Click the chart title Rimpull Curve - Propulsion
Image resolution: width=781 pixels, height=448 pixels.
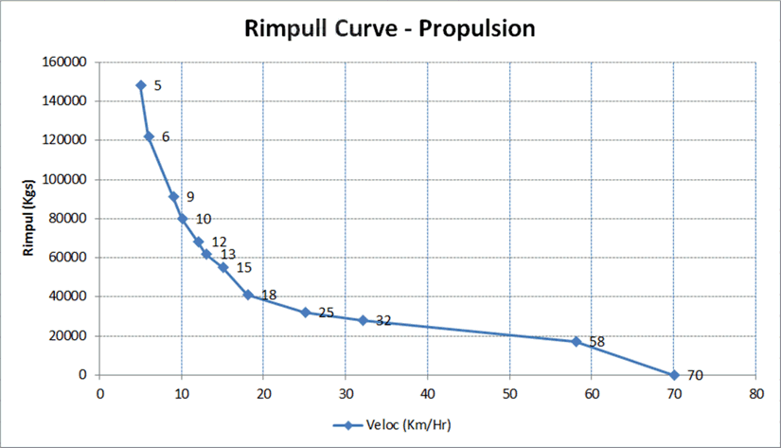(x=390, y=28)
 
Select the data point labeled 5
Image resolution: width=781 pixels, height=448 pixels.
(x=141, y=85)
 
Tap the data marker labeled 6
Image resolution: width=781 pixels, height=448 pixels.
(x=149, y=136)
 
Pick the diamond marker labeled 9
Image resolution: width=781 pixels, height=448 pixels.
(x=173, y=196)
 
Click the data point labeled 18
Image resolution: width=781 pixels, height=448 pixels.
(x=248, y=295)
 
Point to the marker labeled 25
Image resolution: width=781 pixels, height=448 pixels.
(x=305, y=312)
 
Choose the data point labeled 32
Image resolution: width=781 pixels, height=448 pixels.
(x=363, y=320)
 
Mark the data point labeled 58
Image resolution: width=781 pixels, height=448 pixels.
(x=576, y=341)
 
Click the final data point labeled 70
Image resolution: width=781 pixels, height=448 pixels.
(x=674, y=375)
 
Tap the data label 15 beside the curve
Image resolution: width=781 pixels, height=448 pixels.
(x=243, y=268)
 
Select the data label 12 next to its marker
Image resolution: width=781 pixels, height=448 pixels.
(x=219, y=242)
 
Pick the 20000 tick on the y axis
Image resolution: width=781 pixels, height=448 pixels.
(x=69, y=336)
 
